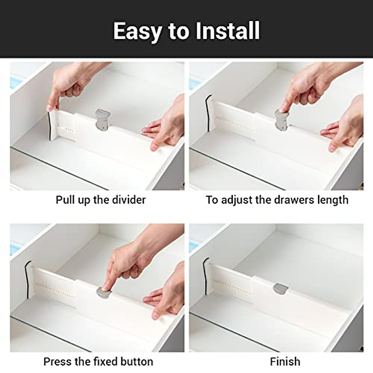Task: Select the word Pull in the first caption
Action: [x=65, y=200]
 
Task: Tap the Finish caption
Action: [x=285, y=361]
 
